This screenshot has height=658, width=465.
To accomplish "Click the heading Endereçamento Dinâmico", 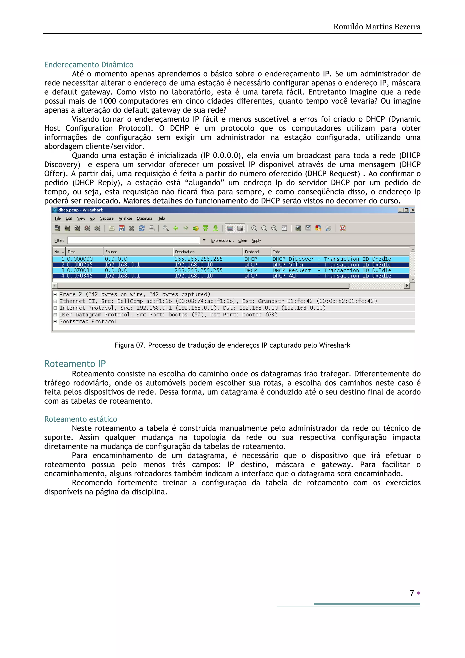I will click(x=89, y=65).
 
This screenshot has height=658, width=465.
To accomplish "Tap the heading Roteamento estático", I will click(x=81, y=419).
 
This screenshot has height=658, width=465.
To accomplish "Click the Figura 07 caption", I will click(x=232, y=345).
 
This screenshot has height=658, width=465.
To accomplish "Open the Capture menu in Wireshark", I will click(x=106, y=218).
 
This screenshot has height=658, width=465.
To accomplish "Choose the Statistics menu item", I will click(x=145, y=218).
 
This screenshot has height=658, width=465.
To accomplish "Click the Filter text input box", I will click(x=133, y=241).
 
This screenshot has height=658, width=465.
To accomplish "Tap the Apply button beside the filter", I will click(x=256, y=241).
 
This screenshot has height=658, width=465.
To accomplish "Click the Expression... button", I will click(x=222, y=241).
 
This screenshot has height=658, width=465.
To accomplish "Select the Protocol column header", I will click(x=252, y=252).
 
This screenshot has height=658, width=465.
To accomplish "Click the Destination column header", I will click(x=185, y=252).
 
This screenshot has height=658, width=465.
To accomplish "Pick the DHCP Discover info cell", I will click(x=293, y=259).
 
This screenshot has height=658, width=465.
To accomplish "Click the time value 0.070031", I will click(x=80, y=270).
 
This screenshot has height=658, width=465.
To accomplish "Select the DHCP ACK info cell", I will click(x=285, y=276).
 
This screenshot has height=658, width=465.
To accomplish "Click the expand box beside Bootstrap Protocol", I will click(x=55, y=322).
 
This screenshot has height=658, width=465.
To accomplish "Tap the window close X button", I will click(x=413, y=210).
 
